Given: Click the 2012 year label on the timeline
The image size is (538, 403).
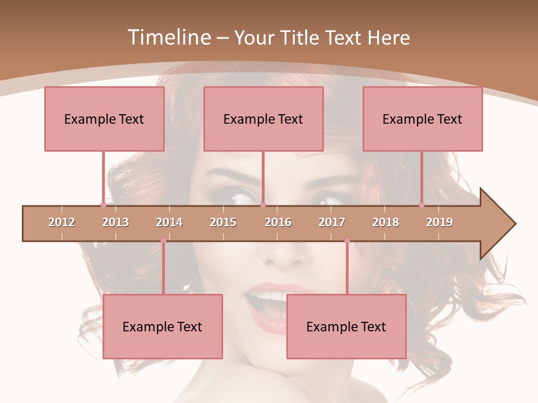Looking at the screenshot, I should [62, 222].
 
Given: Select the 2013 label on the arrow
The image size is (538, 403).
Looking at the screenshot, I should [115, 222].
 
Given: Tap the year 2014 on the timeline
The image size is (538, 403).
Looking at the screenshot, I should [169, 222].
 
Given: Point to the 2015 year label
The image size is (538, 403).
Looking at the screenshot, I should [223, 222].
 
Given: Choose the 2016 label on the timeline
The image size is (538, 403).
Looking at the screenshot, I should [278, 222].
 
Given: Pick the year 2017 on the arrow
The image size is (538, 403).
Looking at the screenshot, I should [332, 222].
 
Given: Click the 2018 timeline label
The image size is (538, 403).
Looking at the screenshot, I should [386, 222].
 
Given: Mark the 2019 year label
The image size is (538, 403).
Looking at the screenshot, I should [439, 222].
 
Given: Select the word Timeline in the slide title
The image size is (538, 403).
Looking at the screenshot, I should [168, 38].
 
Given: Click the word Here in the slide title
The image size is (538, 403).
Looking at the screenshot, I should [388, 38].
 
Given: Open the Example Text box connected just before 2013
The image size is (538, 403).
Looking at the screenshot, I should [104, 119].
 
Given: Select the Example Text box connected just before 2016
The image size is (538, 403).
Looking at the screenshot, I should [263, 119].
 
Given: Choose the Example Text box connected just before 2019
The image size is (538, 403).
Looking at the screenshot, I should [423, 119].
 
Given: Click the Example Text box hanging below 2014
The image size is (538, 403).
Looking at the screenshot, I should [163, 326].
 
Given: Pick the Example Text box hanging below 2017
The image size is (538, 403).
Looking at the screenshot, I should [346, 326].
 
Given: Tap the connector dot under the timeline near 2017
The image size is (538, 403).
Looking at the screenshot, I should [347, 241].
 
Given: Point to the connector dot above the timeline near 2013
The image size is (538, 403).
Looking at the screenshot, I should [103, 205].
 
